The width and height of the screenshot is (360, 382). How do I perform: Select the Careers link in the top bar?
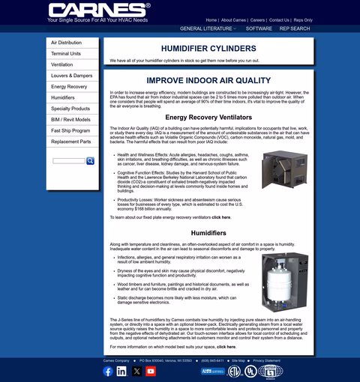pyautogui.click(x=258, y=20)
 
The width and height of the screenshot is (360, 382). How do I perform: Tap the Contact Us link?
pyautogui.click(x=280, y=20)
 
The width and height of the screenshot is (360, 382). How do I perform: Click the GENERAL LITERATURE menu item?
pyautogui.click(x=207, y=28)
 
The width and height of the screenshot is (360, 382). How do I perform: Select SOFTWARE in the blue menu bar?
pyautogui.click(x=259, y=28)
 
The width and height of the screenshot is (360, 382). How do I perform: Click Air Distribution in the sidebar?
pyautogui.click(x=66, y=43)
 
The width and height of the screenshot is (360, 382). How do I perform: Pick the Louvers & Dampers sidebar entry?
pyautogui.click(x=71, y=76)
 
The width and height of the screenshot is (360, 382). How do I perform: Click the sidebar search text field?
pyautogui.click(x=69, y=161)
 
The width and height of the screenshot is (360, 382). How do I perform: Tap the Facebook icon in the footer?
pyautogui.click(x=107, y=371)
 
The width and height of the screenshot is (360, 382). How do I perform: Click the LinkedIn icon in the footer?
pyautogui.click(x=121, y=371)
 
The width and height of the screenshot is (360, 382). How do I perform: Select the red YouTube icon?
pyautogui.click(x=151, y=371)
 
